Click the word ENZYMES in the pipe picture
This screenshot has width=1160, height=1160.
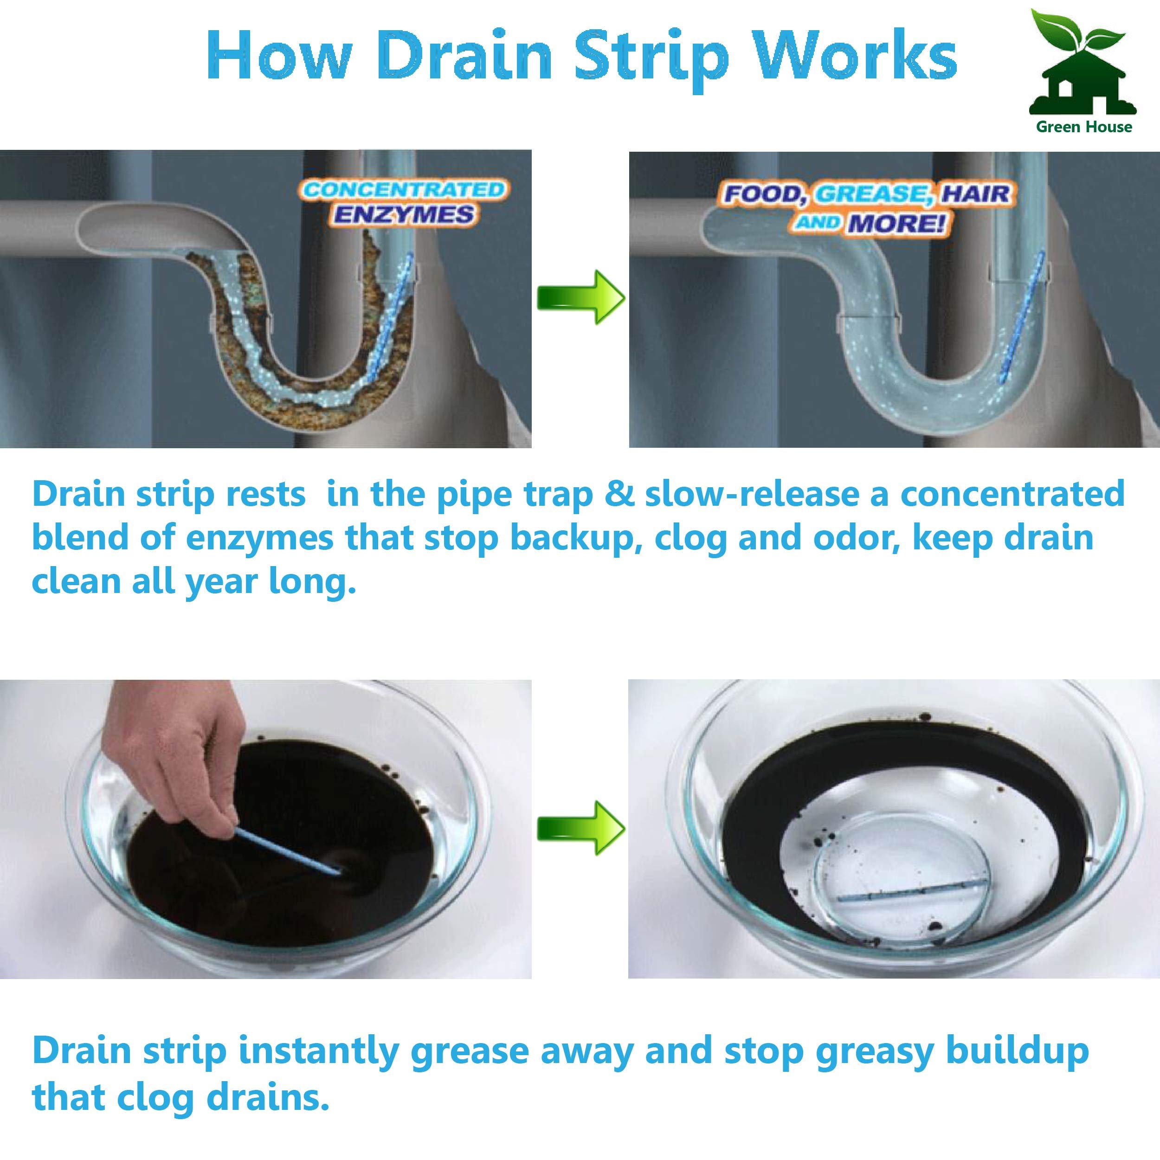(404, 214)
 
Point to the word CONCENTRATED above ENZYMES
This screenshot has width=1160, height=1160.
(404, 190)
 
